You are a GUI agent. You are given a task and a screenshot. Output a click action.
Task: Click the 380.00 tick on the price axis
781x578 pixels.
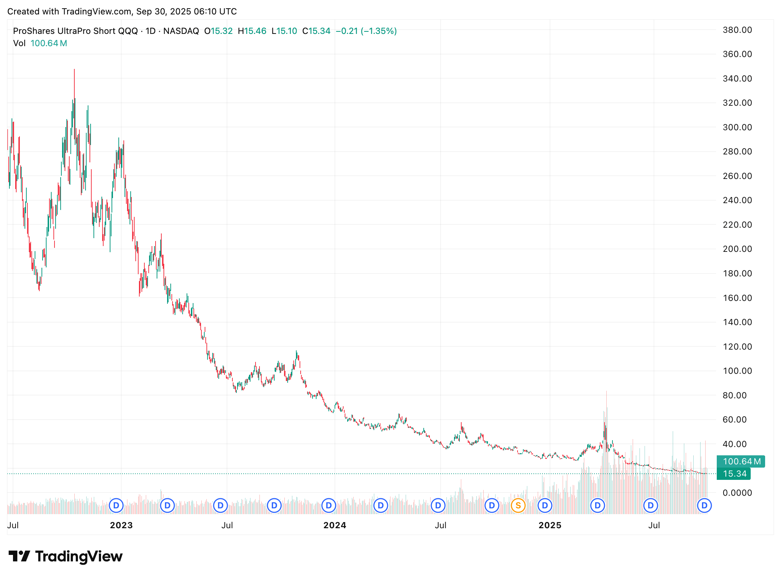click(x=737, y=30)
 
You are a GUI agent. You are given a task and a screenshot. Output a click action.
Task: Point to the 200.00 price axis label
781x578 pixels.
click(x=737, y=249)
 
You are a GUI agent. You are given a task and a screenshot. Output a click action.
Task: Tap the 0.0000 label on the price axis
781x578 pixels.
click(x=737, y=492)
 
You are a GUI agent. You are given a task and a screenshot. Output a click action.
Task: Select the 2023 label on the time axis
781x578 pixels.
click(x=121, y=525)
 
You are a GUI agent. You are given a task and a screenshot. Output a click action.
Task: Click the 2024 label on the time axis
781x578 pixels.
click(x=335, y=525)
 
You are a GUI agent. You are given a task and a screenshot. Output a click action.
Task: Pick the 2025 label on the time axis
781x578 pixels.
click(x=550, y=525)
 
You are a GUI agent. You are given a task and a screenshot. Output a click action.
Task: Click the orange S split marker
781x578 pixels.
click(x=518, y=505)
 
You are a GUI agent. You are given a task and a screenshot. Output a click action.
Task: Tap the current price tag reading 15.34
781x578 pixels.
click(x=734, y=474)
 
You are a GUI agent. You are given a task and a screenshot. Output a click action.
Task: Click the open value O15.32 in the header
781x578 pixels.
click(x=218, y=31)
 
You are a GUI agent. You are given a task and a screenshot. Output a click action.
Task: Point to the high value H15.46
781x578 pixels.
click(x=252, y=31)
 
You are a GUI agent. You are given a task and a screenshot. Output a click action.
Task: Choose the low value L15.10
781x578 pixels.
click(x=284, y=31)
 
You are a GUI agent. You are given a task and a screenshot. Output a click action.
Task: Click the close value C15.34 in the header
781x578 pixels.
click(x=316, y=31)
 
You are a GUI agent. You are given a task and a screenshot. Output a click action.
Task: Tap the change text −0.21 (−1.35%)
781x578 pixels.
click(x=366, y=31)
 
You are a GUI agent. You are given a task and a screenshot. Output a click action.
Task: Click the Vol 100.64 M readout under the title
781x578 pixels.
click(x=40, y=43)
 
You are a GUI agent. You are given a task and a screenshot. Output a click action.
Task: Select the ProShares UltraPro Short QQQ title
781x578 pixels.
click(x=75, y=31)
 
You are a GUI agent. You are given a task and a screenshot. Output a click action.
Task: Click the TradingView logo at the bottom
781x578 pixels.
click(x=65, y=556)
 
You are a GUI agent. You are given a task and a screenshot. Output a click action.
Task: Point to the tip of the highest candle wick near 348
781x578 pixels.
click(x=74, y=69)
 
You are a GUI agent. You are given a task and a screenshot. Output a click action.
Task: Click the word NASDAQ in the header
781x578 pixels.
click(x=181, y=31)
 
